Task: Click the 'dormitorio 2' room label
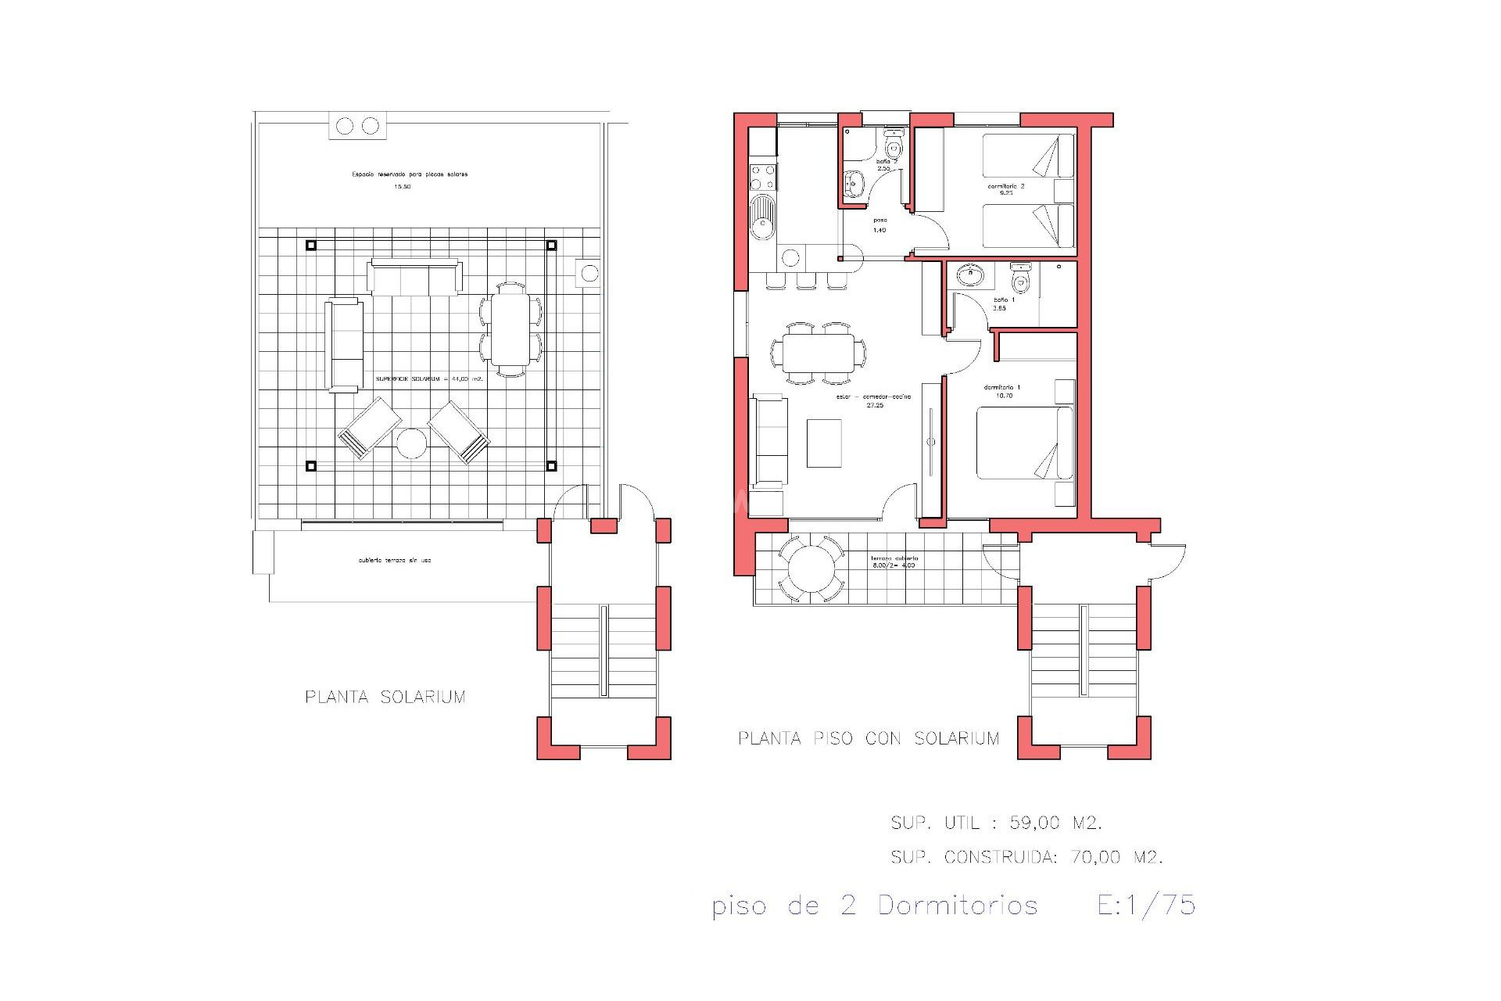pos(1005,186)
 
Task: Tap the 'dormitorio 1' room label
pos(1003,387)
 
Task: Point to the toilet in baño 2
pos(893,146)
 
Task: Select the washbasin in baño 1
pos(970,274)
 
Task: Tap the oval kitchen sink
pos(761,218)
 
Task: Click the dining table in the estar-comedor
pos(818,353)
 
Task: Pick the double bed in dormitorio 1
pos(1024,442)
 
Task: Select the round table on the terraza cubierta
pos(811,569)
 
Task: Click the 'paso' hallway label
pos(879,221)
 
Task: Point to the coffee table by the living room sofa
pos(823,443)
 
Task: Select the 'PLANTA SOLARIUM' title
pos(385,697)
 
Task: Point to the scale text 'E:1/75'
pos(1146,905)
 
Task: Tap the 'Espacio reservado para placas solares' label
pos(410,174)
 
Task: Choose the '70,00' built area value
pos(1095,857)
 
